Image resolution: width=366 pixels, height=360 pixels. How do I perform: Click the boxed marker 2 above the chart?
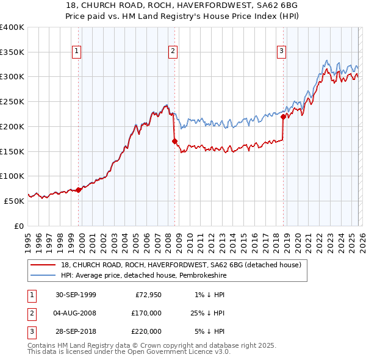tap(173, 52)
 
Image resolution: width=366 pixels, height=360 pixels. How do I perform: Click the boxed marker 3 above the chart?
tap(282, 52)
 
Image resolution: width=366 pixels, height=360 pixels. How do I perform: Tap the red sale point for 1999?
tap(79, 190)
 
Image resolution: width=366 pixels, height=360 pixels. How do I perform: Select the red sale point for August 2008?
tap(174, 141)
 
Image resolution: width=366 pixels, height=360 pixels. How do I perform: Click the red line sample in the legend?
tap(43, 265)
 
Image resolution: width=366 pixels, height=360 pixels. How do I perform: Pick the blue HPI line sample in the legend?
tap(43, 276)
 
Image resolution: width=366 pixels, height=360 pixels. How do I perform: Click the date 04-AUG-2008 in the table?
tap(75, 313)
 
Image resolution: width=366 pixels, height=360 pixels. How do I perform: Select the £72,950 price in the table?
tap(148, 295)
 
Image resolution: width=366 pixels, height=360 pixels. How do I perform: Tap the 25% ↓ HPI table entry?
tap(207, 313)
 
